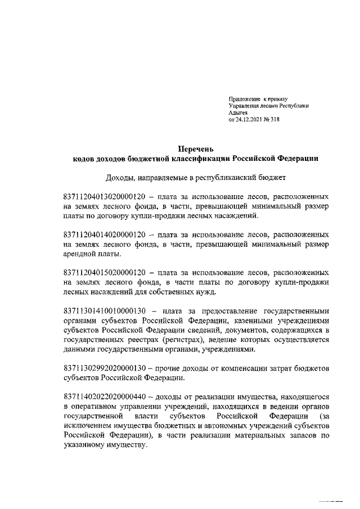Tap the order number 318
coord(275,119)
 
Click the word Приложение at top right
coord(241,99)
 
